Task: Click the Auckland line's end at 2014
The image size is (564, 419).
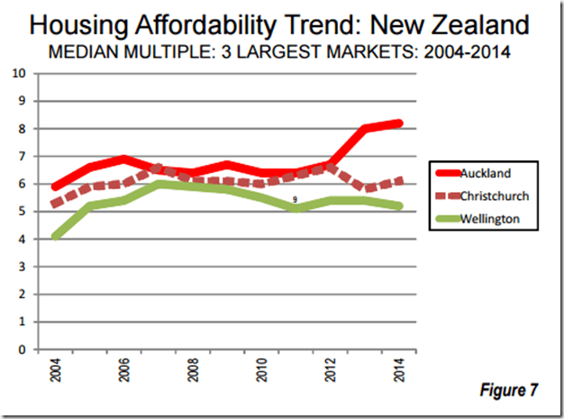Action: pyautogui.click(x=399, y=123)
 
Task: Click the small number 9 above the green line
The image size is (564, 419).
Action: pyautogui.click(x=295, y=200)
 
